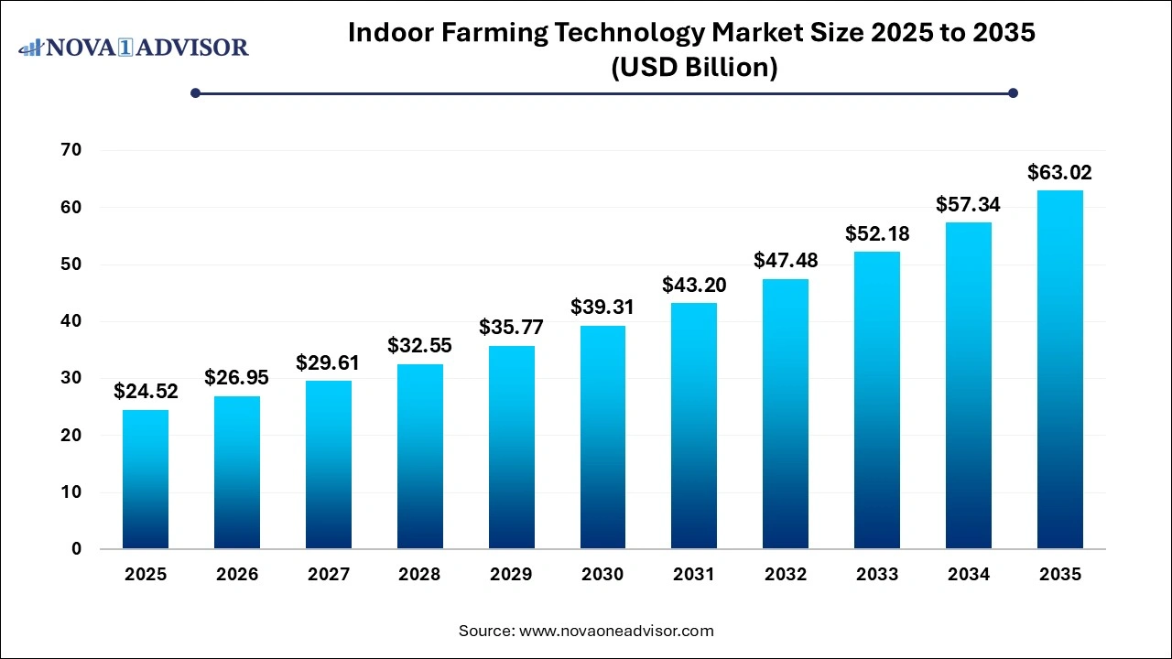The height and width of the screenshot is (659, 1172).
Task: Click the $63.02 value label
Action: click(1059, 172)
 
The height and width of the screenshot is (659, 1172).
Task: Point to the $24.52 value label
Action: click(146, 392)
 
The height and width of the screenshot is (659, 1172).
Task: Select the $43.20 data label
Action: click(694, 285)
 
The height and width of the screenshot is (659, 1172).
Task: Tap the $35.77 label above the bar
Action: click(511, 327)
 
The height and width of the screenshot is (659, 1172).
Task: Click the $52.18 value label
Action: click(876, 233)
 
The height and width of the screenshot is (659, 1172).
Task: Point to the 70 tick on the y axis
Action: click(71, 150)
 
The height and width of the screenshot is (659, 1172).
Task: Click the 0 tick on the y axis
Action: click(77, 549)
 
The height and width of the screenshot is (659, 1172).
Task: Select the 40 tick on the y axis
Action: click(71, 321)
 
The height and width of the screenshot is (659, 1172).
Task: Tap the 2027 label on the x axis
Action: click(328, 575)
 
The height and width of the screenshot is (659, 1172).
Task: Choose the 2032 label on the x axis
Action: click(786, 575)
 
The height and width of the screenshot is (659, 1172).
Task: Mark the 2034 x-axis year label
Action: click(968, 575)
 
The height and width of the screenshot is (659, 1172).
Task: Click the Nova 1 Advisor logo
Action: click(134, 47)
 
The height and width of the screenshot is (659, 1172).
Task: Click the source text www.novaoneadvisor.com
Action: click(615, 631)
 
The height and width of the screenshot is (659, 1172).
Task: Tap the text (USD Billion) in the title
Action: click(694, 68)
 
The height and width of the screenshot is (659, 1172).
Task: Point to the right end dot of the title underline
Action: click(1013, 92)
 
